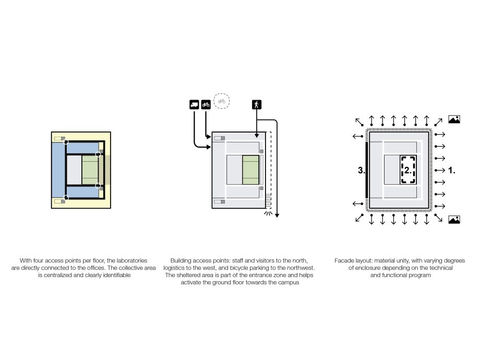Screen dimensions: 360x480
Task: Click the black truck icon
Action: coord(194,104)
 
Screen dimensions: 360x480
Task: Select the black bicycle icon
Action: coord(206,104)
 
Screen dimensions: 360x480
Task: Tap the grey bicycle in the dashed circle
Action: coord(222,101)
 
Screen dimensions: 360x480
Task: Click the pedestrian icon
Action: coord(257,104)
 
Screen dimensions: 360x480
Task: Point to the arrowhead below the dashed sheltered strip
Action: coord(277,214)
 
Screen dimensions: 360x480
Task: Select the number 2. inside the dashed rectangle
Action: coord(408,170)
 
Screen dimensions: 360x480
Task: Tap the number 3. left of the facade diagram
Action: coord(361,170)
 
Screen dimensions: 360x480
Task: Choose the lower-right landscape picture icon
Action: coord(454,220)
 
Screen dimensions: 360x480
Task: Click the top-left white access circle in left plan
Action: coord(66,141)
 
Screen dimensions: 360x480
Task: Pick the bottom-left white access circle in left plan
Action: coord(66,198)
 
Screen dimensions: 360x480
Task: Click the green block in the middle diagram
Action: coord(251,170)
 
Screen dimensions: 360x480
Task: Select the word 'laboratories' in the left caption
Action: coord(131,260)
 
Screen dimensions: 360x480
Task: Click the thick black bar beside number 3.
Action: coord(367,170)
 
